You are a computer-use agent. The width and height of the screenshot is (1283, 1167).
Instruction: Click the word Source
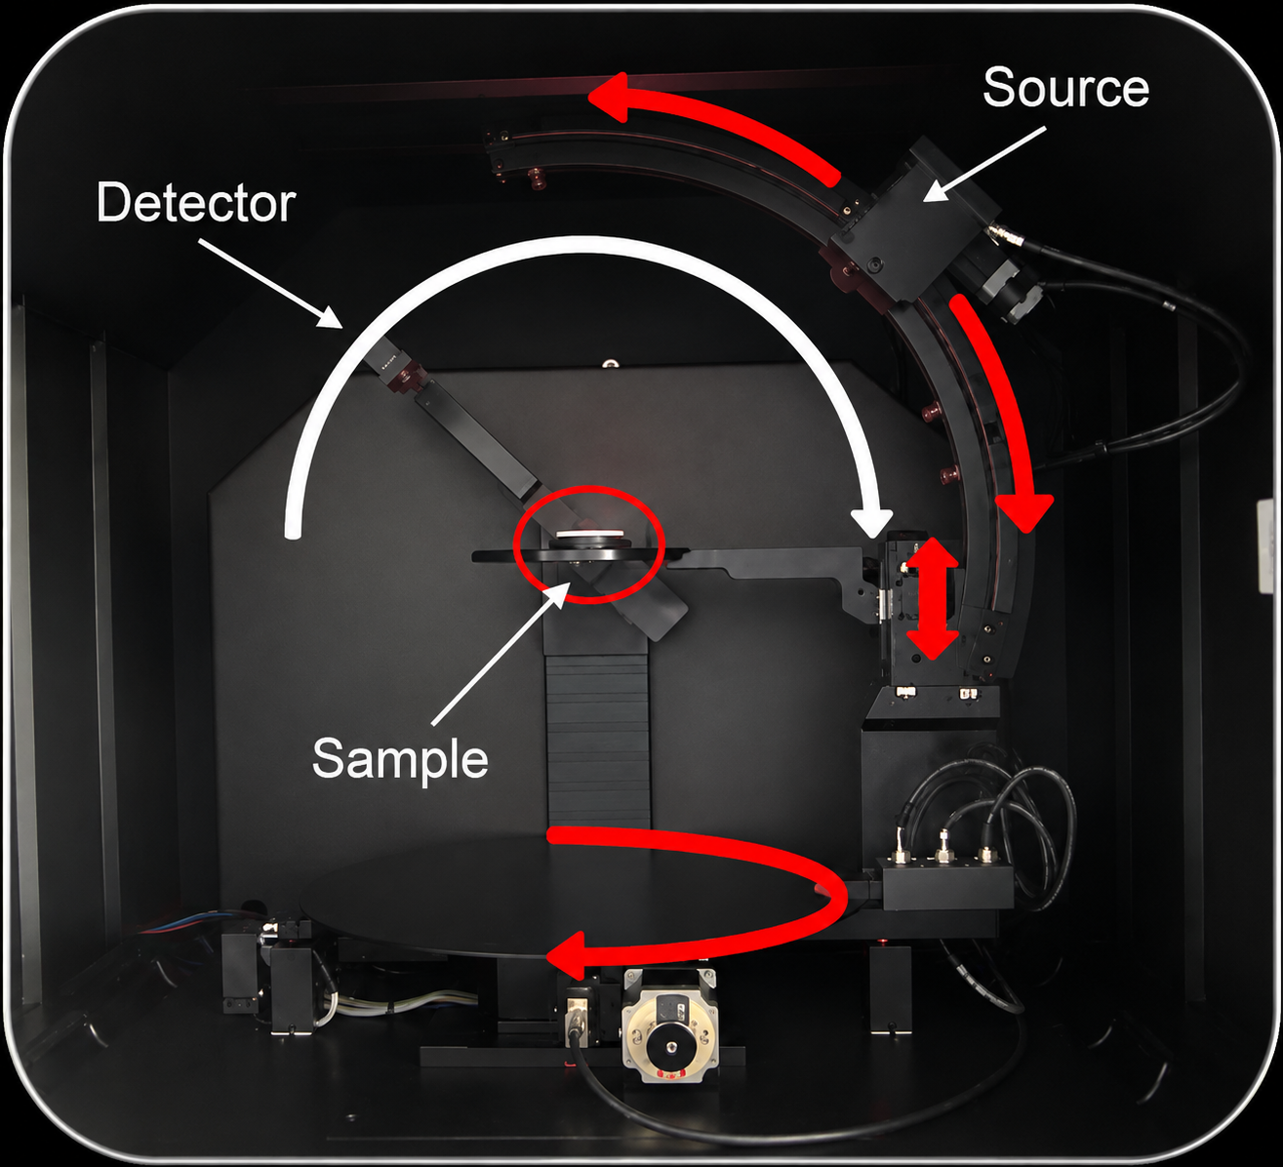(1065, 88)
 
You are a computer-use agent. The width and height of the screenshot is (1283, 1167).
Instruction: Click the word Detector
(196, 204)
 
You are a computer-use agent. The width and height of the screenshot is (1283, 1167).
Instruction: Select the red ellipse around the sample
(591, 544)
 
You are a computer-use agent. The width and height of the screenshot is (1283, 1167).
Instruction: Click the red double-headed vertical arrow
(932, 598)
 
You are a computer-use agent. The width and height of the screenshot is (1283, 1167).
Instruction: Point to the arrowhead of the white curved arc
(873, 521)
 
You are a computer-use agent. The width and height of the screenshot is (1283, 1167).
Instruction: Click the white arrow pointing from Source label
(984, 165)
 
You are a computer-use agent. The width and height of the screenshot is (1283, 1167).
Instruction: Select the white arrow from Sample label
(501, 653)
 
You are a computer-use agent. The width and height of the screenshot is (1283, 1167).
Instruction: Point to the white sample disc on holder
(589, 533)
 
